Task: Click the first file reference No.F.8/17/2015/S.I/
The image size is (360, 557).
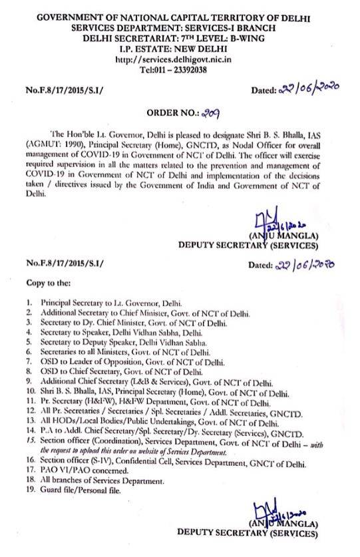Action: pos(62,91)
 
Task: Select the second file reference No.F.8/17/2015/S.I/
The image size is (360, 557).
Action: pos(62,265)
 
